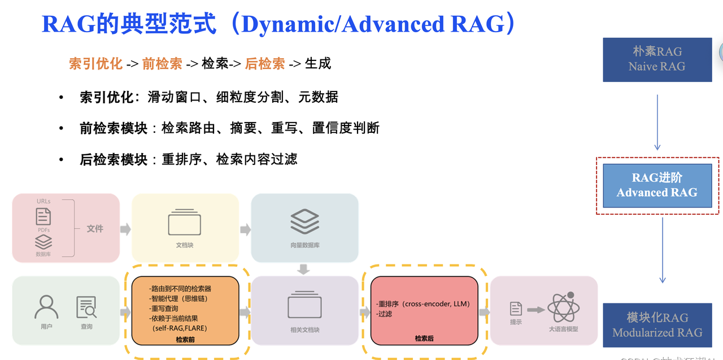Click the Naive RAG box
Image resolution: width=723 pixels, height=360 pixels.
coord(657,59)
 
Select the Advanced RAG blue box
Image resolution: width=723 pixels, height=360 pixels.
coord(657,185)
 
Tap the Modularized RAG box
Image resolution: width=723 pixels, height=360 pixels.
coord(657,324)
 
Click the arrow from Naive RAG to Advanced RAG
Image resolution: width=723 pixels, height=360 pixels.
coord(657,122)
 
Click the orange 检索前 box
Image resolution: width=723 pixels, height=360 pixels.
coord(186,311)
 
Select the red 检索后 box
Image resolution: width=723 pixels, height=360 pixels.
coord(424,311)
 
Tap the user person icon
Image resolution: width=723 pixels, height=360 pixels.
coord(46,307)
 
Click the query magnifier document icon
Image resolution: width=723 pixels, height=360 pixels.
coord(86,307)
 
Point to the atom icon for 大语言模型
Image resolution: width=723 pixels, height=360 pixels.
coord(563,308)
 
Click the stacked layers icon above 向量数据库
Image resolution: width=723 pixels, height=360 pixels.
coord(304,222)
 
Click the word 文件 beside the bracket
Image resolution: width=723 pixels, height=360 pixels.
coord(95,228)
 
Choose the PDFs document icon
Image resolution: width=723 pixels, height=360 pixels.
coord(43,216)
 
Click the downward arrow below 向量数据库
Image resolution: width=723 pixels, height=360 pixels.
coord(304,269)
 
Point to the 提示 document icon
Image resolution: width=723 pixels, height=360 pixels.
coord(516,309)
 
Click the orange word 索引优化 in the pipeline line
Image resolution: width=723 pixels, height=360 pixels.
coord(95,64)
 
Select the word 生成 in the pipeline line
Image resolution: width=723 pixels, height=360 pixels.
coord(317,64)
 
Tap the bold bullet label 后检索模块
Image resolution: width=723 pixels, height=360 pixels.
coord(114,160)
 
